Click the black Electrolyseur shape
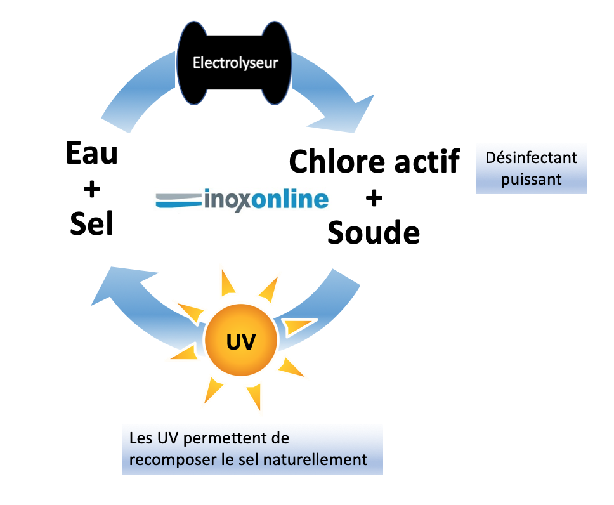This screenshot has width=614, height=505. (235, 63)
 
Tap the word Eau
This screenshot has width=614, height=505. (92, 154)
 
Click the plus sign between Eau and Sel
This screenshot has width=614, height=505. (92, 188)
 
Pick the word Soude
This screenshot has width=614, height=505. (374, 233)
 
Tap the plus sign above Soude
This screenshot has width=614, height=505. (374, 199)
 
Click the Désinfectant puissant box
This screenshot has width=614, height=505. (531, 168)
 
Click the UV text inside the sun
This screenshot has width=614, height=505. (241, 343)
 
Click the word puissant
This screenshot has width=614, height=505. (531, 179)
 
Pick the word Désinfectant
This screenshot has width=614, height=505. (531, 157)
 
